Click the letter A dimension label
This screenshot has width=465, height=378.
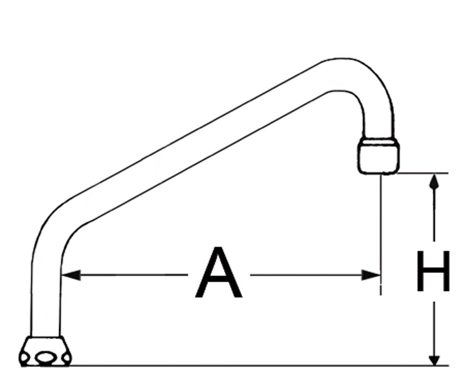[219, 273]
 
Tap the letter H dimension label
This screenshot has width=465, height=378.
[433, 271]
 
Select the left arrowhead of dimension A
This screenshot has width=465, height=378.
[71, 275]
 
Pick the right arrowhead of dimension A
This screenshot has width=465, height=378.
[370, 275]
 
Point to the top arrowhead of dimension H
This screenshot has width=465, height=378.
[434, 181]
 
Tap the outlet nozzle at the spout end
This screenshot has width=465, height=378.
[379, 155]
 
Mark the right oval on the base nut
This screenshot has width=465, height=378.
[67, 358]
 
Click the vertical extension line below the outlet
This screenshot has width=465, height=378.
[381, 234]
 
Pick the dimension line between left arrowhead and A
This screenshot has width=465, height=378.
[134, 275]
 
